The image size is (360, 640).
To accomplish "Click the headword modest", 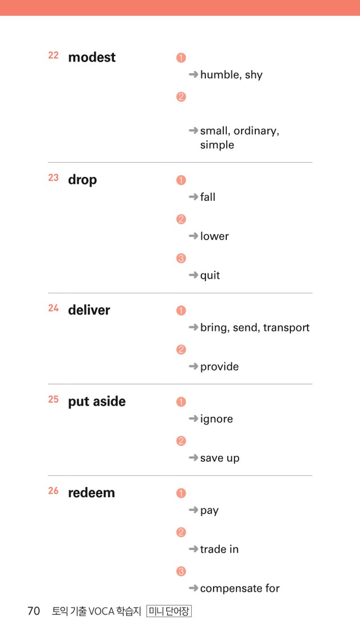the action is (x=92, y=57).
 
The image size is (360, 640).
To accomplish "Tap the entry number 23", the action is (x=53, y=178).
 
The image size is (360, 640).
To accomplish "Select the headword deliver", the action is (x=89, y=310).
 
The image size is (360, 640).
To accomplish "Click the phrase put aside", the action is (x=97, y=402).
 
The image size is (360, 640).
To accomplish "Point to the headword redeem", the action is (x=91, y=493).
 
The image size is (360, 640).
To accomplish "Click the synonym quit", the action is (x=210, y=275).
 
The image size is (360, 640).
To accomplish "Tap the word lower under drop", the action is (x=215, y=236).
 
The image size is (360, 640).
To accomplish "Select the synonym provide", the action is (x=219, y=367).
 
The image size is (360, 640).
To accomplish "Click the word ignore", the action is (x=216, y=419).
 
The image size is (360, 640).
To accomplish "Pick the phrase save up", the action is (x=220, y=458).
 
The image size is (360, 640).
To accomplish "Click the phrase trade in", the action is (x=219, y=549).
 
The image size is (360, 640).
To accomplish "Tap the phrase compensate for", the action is (x=239, y=589).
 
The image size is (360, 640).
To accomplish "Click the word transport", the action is (x=286, y=327).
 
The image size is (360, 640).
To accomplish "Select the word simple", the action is (x=217, y=145).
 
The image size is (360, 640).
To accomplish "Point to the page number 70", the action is (x=33, y=611).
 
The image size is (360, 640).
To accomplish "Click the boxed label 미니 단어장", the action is (x=169, y=611).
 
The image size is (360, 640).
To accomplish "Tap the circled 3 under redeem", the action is (x=181, y=571).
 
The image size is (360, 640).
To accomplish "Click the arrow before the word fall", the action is (x=193, y=197).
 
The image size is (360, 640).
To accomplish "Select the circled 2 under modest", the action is (x=181, y=97).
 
